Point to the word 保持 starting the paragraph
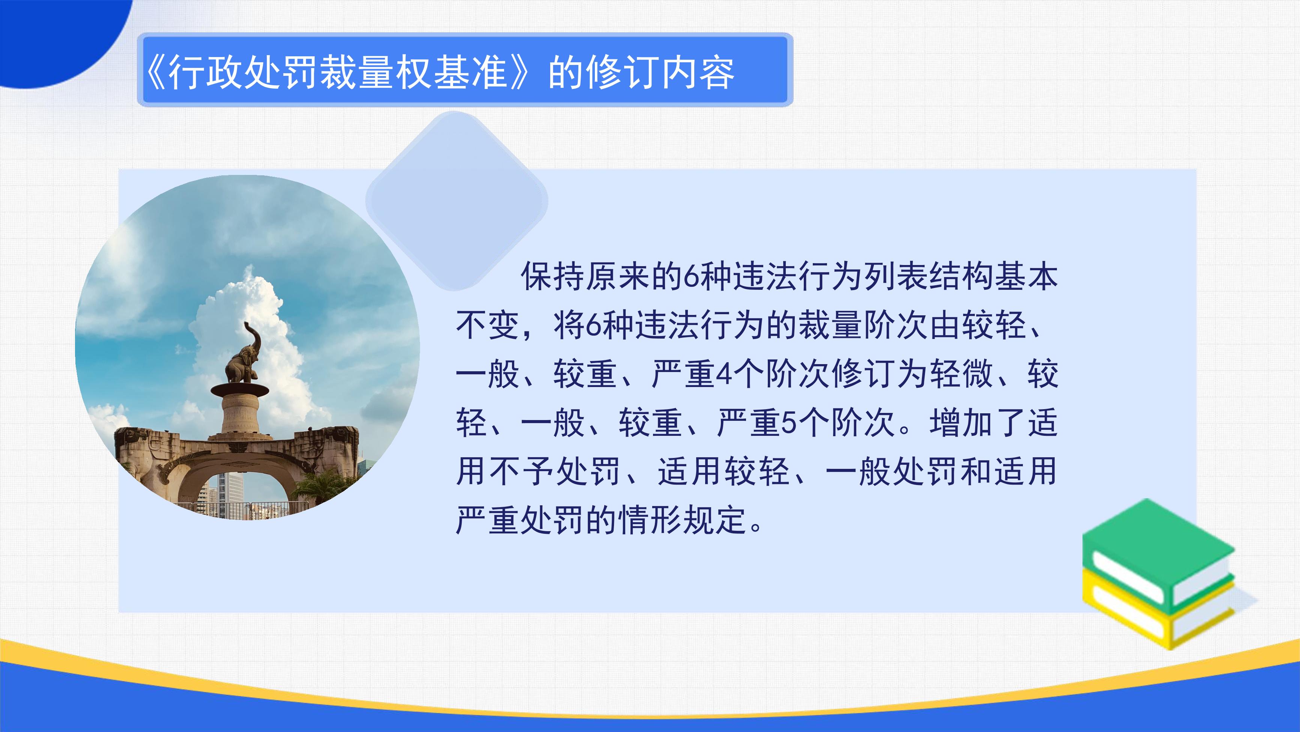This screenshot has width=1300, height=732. tap(553, 276)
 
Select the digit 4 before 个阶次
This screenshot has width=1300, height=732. tap(725, 374)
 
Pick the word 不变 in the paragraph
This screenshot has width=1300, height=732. tap(488, 325)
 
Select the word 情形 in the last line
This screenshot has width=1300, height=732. tap(651, 520)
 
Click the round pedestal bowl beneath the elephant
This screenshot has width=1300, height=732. tap(240, 390)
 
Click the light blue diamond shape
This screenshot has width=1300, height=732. tap(457, 201)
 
